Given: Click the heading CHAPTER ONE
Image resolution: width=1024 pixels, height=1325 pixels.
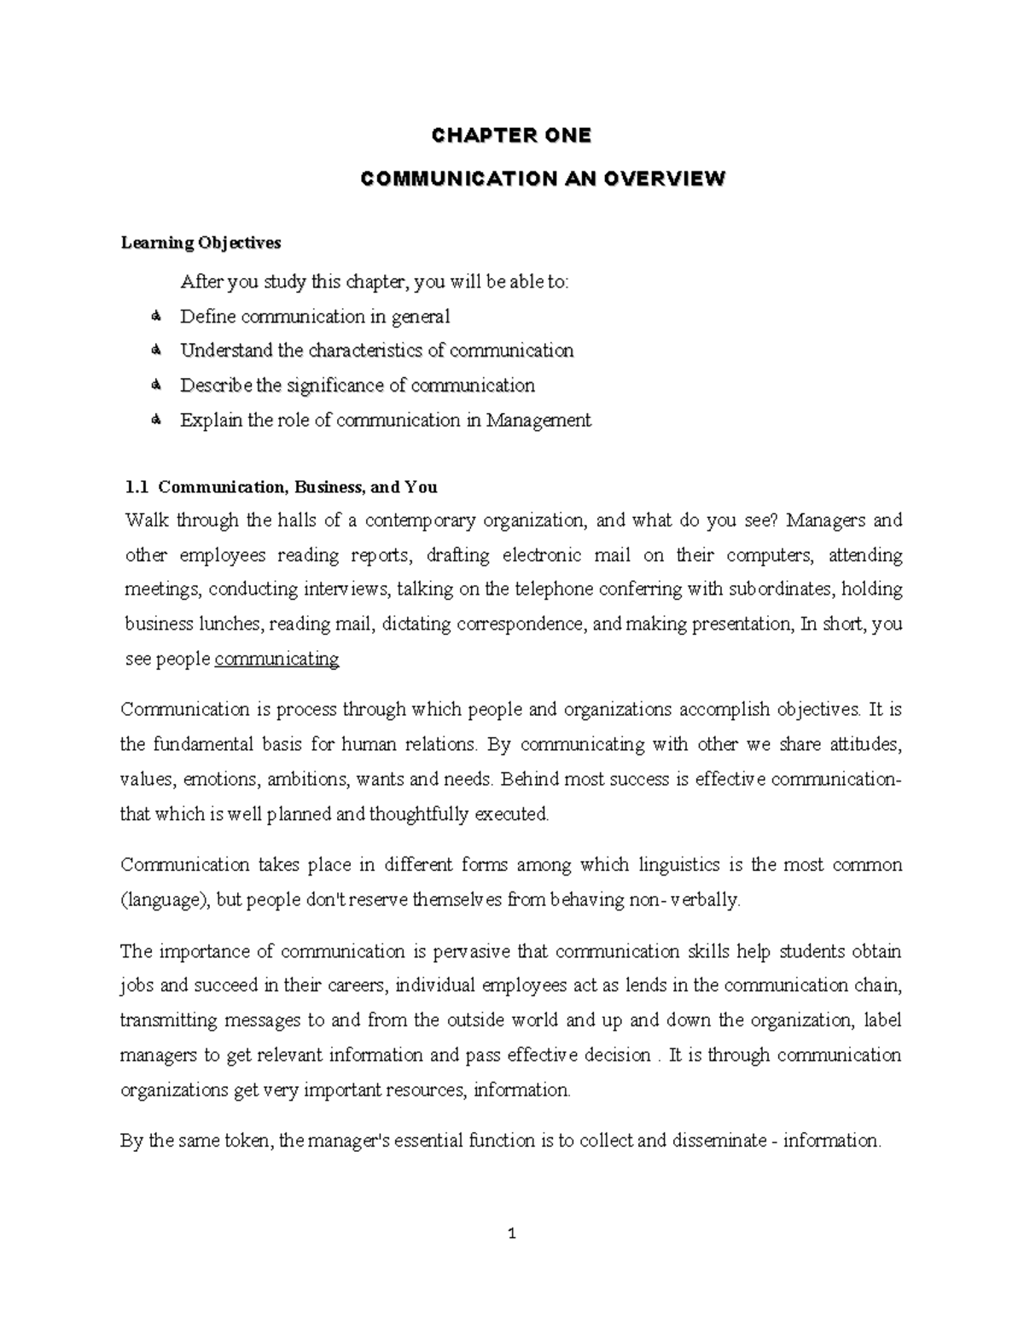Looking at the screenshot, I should pyautogui.click(x=511, y=136).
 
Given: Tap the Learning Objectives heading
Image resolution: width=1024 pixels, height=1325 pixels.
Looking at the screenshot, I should pyautogui.click(x=201, y=243).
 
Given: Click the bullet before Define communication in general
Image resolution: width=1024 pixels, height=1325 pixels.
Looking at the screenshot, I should pyautogui.click(x=155, y=317).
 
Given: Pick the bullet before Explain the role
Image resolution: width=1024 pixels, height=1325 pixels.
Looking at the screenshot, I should pyautogui.click(x=155, y=420).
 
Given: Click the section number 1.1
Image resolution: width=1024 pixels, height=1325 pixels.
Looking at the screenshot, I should pyautogui.click(x=136, y=487).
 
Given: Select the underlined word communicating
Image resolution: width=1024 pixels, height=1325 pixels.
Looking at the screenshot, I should pyautogui.click(x=276, y=659).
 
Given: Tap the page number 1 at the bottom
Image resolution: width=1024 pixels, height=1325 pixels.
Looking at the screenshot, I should pyautogui.click(x=512, y=1234).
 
